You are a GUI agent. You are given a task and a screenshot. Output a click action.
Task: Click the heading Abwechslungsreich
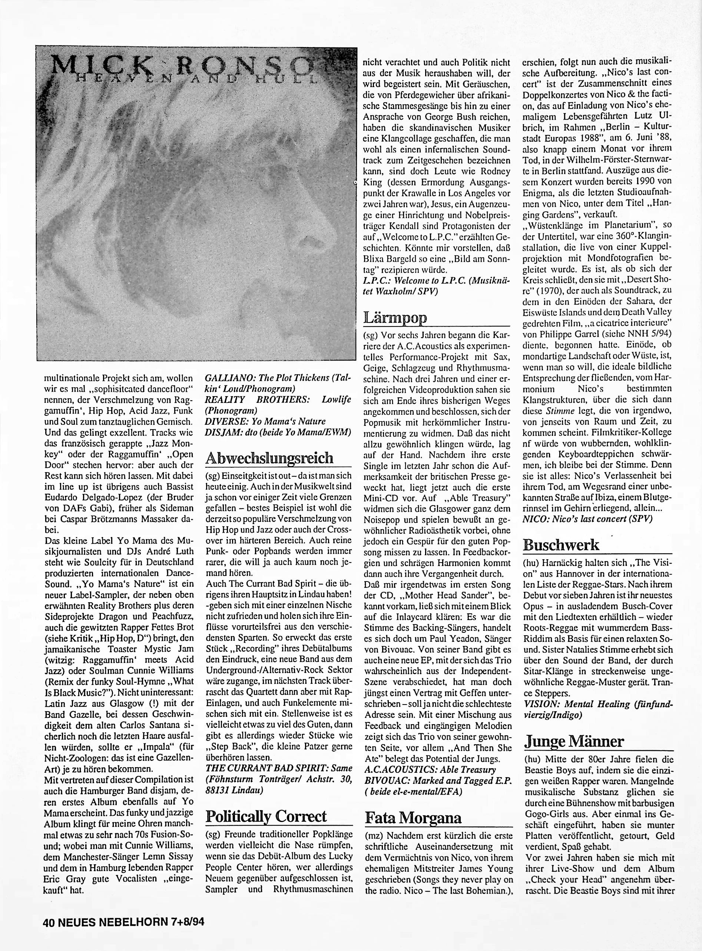click(269, 458)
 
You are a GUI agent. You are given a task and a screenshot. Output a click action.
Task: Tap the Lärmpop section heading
click(395, 317)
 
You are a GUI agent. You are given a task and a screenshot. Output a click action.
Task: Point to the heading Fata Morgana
click(413, 818)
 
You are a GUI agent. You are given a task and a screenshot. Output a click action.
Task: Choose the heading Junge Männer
click(574, 742)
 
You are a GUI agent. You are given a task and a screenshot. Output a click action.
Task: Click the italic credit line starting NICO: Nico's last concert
click(586, 518)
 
